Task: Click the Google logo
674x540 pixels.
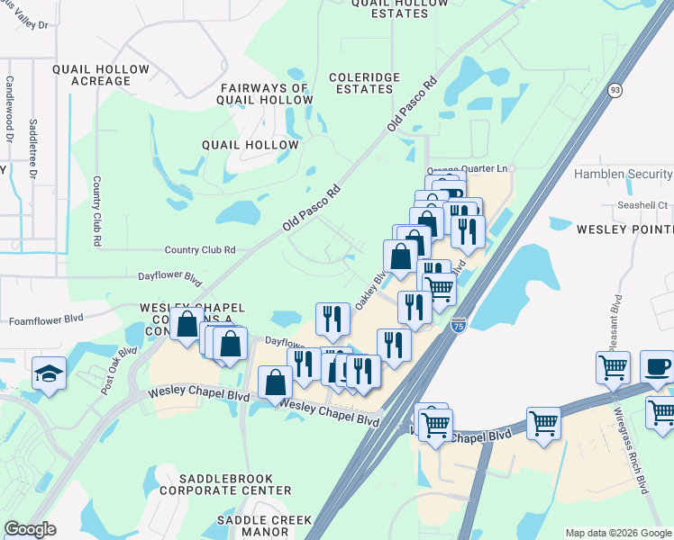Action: click(x=30, y=529)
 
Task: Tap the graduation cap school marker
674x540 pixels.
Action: click(x=49, y=373)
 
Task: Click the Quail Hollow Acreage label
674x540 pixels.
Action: click(x=92, y=75)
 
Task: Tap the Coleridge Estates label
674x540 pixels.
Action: click(x=364, y=84)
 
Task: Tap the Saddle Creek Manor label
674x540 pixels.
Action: click(x=263, y=526)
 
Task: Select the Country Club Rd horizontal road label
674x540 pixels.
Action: click(x=199, y=250)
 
